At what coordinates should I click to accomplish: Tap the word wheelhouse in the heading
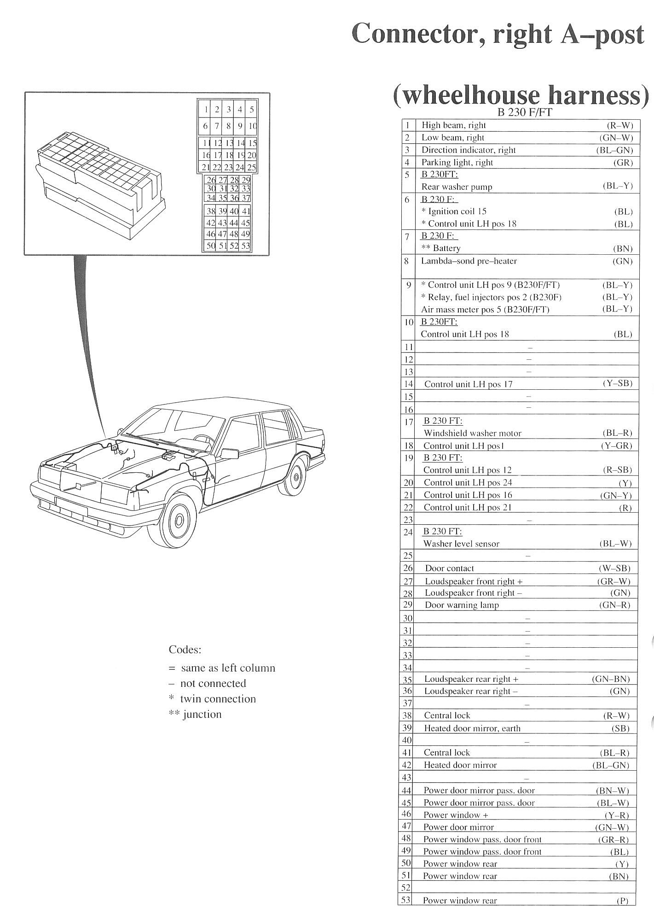[466, 95]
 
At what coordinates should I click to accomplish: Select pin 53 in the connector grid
[246, 246]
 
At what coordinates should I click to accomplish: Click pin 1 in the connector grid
[206, 110]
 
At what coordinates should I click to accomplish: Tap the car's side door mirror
[229, 453]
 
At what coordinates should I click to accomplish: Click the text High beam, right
[453, 125]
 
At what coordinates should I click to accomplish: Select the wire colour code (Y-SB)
[617, 383]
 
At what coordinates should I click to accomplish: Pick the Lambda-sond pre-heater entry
[469, 261]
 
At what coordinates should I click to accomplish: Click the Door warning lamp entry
[462, 605]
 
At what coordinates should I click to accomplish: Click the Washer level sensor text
[461, 544]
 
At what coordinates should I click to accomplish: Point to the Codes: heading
[185, 650]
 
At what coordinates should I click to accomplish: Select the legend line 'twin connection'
[217, 699]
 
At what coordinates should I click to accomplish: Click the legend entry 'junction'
[202, 715]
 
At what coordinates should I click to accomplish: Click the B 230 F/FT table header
[525, 112]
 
